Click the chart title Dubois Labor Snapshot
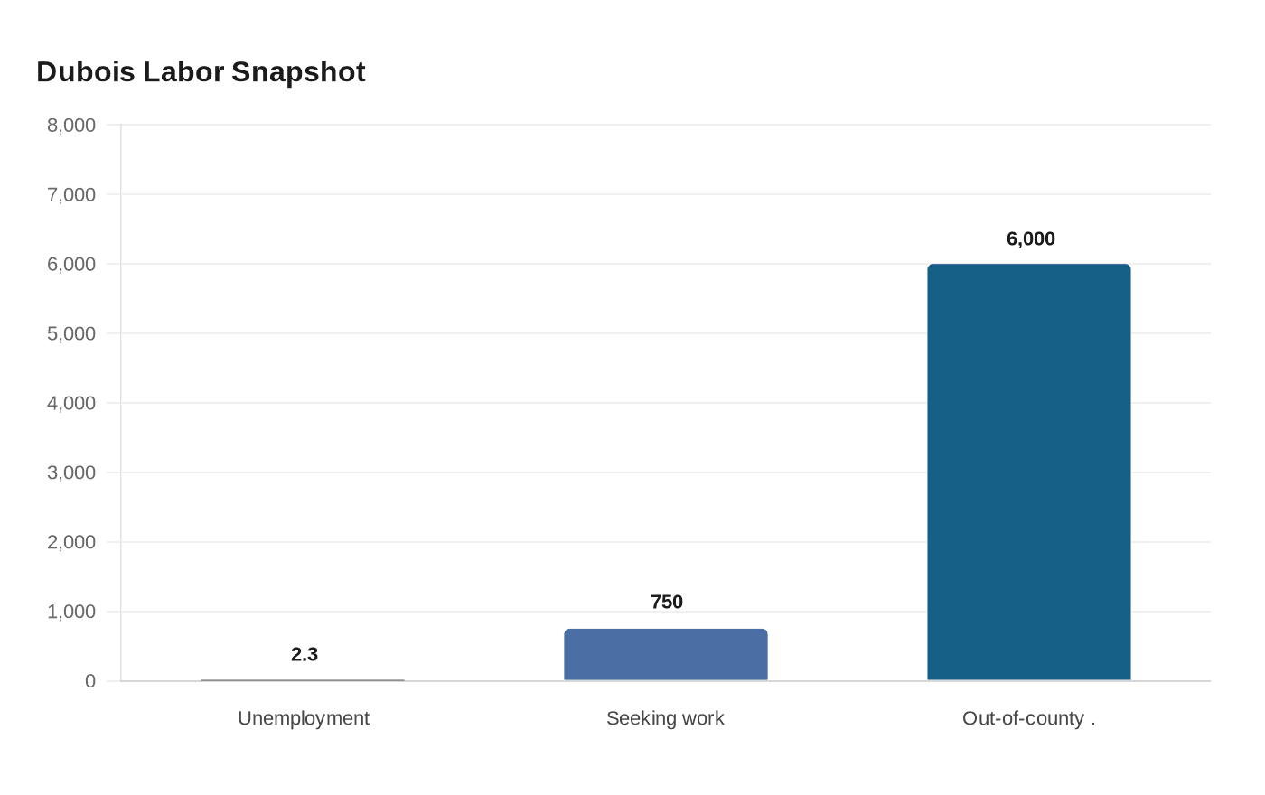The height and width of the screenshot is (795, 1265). click(x=201, y=72)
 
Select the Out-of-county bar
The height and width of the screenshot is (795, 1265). click(x=1029, y=472)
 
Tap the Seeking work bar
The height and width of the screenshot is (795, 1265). click(x=666, y=654)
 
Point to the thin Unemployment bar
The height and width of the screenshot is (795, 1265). click(x=303, y=680)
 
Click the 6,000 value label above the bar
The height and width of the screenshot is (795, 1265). click(x=1031, y=238)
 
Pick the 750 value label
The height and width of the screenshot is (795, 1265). click(x=667, y=602)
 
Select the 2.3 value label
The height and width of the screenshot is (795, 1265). click(x=305, y=654)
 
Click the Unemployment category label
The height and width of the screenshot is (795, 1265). click(x=304, y=718)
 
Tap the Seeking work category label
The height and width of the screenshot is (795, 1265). click(x=665, y=718)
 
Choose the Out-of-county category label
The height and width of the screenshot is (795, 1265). click(x=1028, y=718)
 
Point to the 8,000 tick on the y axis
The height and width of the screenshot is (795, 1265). click(x=71, y=126)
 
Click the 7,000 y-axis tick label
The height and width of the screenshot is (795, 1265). click(x=71, y=195)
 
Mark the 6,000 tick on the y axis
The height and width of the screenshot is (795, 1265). click(x=71, y=264)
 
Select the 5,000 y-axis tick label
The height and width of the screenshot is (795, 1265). click(x=71, y=333)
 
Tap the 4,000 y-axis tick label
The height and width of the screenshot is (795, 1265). click(x=71, y=403)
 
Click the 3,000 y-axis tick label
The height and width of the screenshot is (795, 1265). click(x=71, y=472)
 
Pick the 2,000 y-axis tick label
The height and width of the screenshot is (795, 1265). click(x=71, y=542)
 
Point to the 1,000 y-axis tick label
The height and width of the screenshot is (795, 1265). click(x=71, y=612)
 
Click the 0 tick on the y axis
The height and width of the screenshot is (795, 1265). click(x=90, y=681)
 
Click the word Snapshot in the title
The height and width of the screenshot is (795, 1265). click(x=298, y=72)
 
